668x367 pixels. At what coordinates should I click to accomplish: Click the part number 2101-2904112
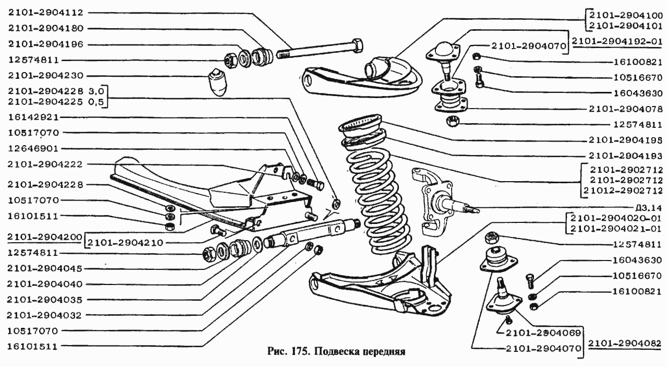[45, 13]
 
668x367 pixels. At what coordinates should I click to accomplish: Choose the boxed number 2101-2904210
[122, 243]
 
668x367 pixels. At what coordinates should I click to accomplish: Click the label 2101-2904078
[624, 109]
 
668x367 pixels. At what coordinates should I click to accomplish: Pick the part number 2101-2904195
[624, 140]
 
